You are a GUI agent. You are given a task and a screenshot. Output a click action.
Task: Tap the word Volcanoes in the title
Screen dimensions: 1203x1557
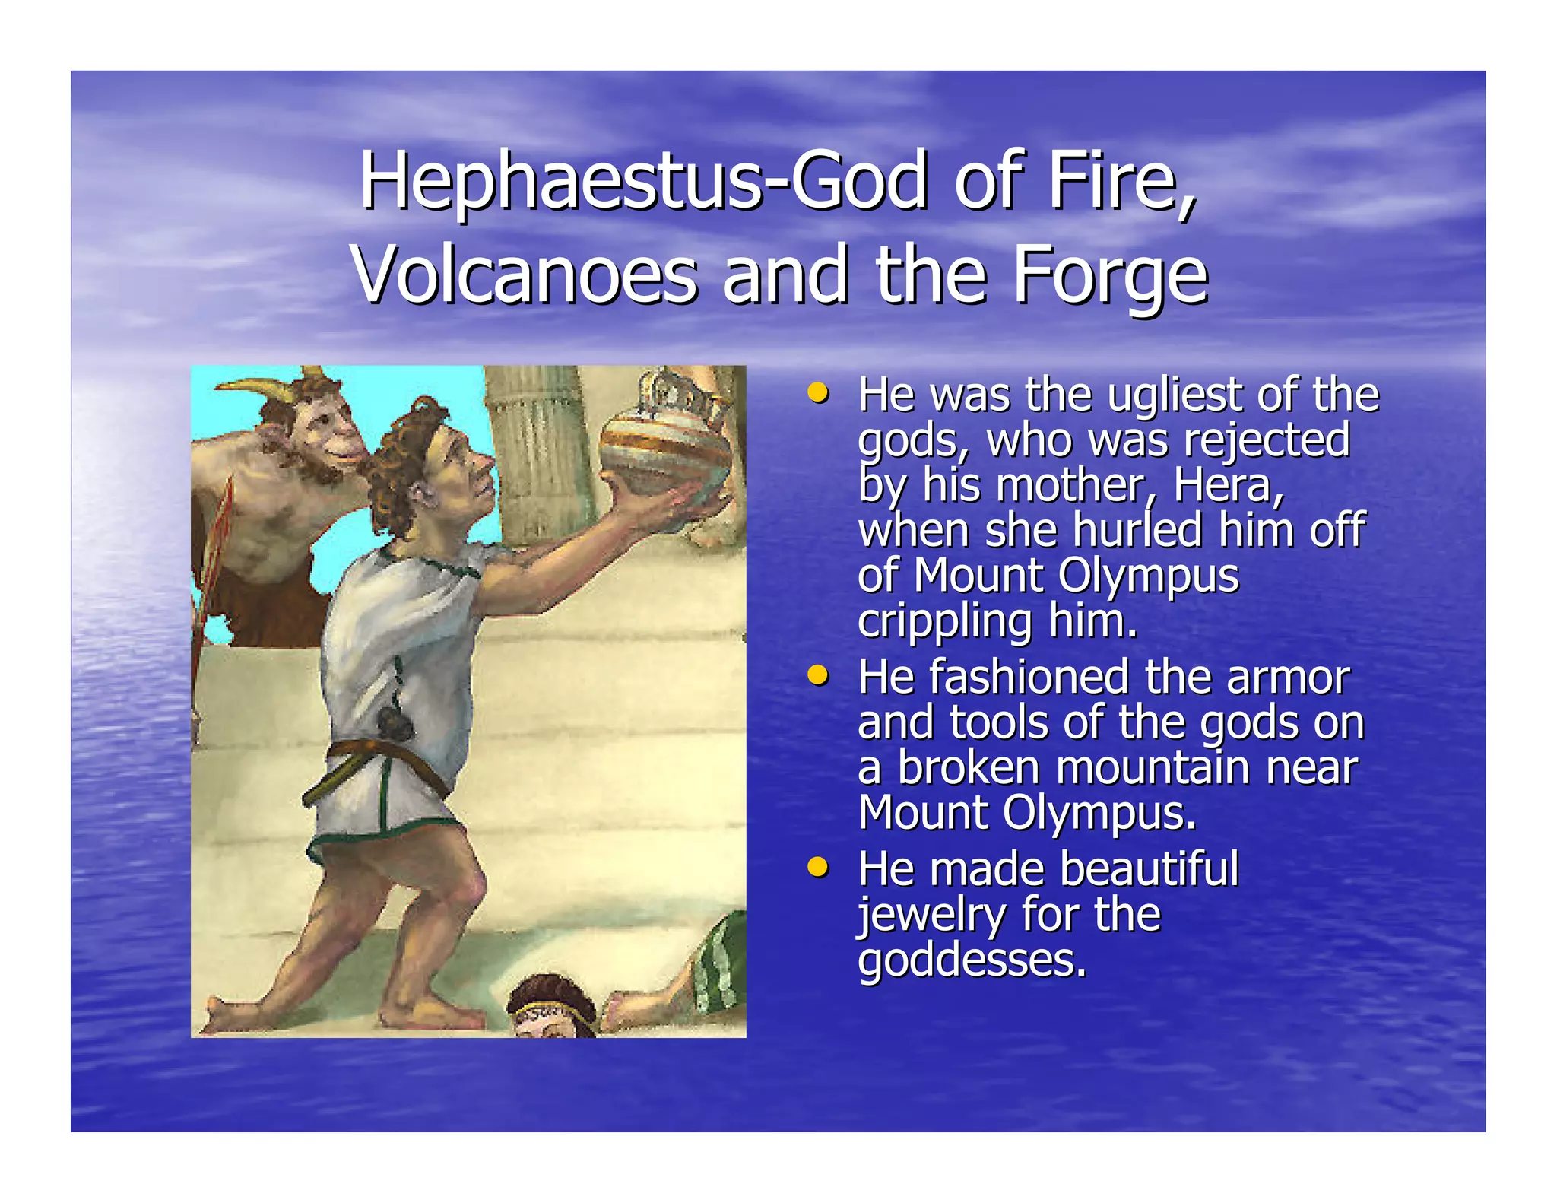click(525, 275)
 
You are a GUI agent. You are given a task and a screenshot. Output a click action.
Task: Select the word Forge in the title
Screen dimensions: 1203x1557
click(1111, 275)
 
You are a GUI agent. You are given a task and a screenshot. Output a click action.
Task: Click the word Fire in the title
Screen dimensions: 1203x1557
click(1121, 181)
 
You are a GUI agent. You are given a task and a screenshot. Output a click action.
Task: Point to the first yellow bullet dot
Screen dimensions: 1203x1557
click(817, 393)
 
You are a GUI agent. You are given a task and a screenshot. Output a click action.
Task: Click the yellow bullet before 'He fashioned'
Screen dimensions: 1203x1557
click(817, 675)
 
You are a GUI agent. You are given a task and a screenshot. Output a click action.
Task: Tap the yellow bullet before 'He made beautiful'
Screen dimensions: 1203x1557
click(817, 866)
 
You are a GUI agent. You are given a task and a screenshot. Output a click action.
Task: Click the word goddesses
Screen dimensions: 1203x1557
click(972, 960)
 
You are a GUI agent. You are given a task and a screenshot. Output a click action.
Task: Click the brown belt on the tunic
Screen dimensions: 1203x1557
click(380, 760)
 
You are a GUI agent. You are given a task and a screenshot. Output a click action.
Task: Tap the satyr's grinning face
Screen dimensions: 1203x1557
click(327, 433)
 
